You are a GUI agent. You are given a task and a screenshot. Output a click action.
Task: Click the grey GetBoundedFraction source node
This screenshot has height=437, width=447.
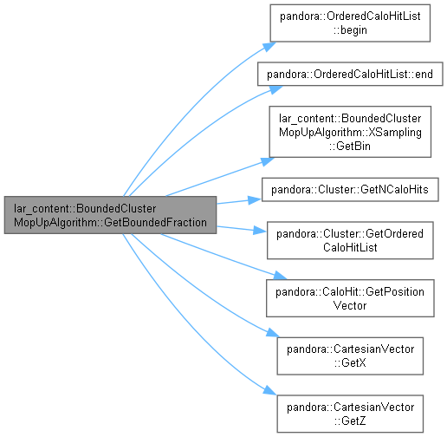110,215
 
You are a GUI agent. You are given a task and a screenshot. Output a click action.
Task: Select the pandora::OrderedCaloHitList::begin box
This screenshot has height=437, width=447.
350,23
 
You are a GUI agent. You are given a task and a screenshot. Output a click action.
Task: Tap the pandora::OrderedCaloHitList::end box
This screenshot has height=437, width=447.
350,74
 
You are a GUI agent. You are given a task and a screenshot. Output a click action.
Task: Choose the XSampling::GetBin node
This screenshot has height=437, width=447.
350,132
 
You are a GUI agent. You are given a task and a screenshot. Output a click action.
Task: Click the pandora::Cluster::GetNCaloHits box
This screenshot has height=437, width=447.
350,190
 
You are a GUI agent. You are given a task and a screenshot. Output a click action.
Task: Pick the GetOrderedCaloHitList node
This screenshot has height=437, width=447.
350,240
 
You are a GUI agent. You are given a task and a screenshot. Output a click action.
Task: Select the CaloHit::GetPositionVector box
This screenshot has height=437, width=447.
350,298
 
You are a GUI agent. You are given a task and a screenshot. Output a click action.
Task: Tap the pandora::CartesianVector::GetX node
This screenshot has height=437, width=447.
350,356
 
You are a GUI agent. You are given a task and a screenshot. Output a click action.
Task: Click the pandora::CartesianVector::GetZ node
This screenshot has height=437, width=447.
350,414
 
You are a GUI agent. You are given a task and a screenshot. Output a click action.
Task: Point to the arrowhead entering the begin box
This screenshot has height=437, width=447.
270,46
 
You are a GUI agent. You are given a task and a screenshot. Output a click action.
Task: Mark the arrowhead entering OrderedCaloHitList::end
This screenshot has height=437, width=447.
276,89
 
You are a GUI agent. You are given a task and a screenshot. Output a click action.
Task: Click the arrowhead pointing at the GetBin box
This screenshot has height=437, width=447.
268,161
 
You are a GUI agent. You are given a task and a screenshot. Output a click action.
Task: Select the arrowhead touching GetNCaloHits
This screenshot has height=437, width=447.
255,199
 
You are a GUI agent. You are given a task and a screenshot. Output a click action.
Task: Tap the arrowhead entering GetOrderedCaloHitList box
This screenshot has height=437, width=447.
260,231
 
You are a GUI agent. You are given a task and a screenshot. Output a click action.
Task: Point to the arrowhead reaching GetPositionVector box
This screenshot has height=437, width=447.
280,276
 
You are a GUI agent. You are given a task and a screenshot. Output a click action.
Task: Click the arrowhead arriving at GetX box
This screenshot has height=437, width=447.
273,333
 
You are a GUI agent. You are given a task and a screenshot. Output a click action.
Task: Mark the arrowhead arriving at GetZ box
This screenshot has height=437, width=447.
270,390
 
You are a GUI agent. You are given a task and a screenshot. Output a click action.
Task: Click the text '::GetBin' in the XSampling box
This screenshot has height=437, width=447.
349,146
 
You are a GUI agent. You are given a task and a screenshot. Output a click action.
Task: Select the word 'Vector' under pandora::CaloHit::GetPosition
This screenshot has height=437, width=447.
350,305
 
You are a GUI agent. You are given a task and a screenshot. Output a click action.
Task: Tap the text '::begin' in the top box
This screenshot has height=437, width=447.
350,30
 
